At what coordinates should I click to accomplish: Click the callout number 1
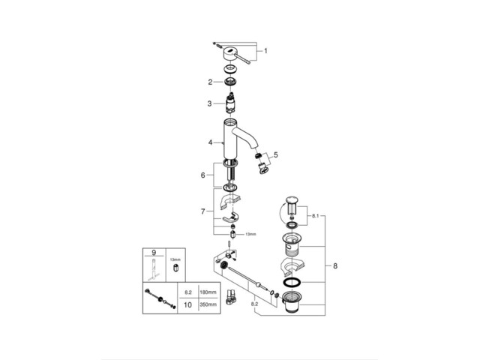[264, 52]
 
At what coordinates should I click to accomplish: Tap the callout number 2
[211, 81]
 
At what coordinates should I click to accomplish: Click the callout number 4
[211, 141]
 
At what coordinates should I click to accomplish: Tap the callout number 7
[202, 212]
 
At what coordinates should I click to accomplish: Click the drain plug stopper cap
[292, 202]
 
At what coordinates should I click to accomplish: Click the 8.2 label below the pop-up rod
[256, 304]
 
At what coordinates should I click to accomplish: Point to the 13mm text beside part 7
[250, 234]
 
